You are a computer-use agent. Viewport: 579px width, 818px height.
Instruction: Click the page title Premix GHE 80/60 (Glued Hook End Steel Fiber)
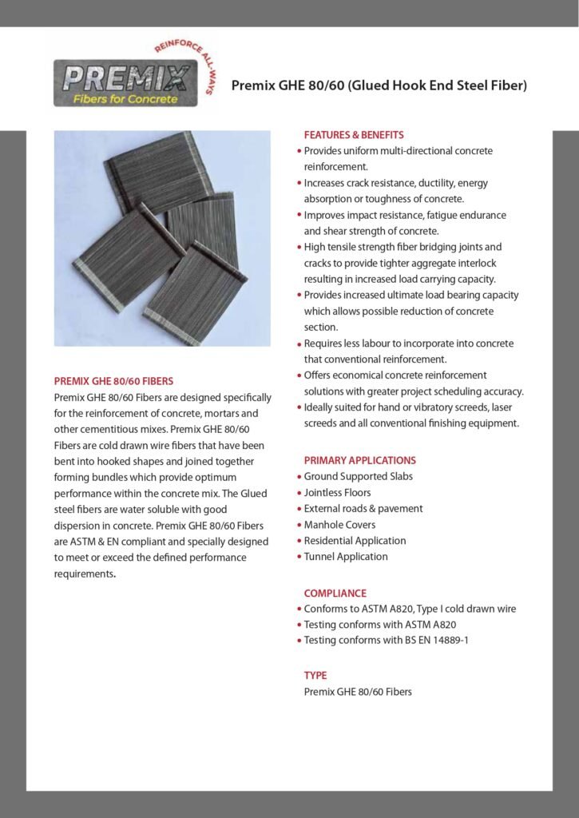pyautogui.click(x=379, y=85)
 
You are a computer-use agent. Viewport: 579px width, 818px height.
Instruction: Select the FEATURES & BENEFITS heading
pyautogui.click(x=354, y=135)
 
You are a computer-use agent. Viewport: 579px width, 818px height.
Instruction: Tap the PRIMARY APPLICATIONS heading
pyautogui.click(x=359, y=460)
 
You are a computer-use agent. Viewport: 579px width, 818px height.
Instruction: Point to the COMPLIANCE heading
pyautogui.click(x=335, y=593)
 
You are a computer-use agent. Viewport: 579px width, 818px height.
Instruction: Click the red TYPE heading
pyautogui.click(x=315, y=675)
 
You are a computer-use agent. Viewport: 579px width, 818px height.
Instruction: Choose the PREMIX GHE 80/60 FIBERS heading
pyautogui.click(x=113, y=381)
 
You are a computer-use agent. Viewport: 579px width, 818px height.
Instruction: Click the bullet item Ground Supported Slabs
pyautogui.click(x=359, y=476)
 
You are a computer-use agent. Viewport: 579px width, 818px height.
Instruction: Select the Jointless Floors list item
pyautogui.click(x=337, y=492)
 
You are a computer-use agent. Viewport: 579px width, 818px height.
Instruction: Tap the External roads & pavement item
pyautogui.click(x=363, y=508)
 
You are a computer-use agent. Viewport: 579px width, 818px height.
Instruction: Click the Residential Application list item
pyautogui.click(x=355, y=541)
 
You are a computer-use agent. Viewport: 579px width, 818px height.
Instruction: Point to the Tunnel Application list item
pyautogui.click(x=346, y=557)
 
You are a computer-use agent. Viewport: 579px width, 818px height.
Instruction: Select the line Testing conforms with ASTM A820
pyautogui.click(x=380, y=625)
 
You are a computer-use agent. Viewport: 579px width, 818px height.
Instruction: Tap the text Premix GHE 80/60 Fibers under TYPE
pyautogui.click(x=358, y=692)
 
